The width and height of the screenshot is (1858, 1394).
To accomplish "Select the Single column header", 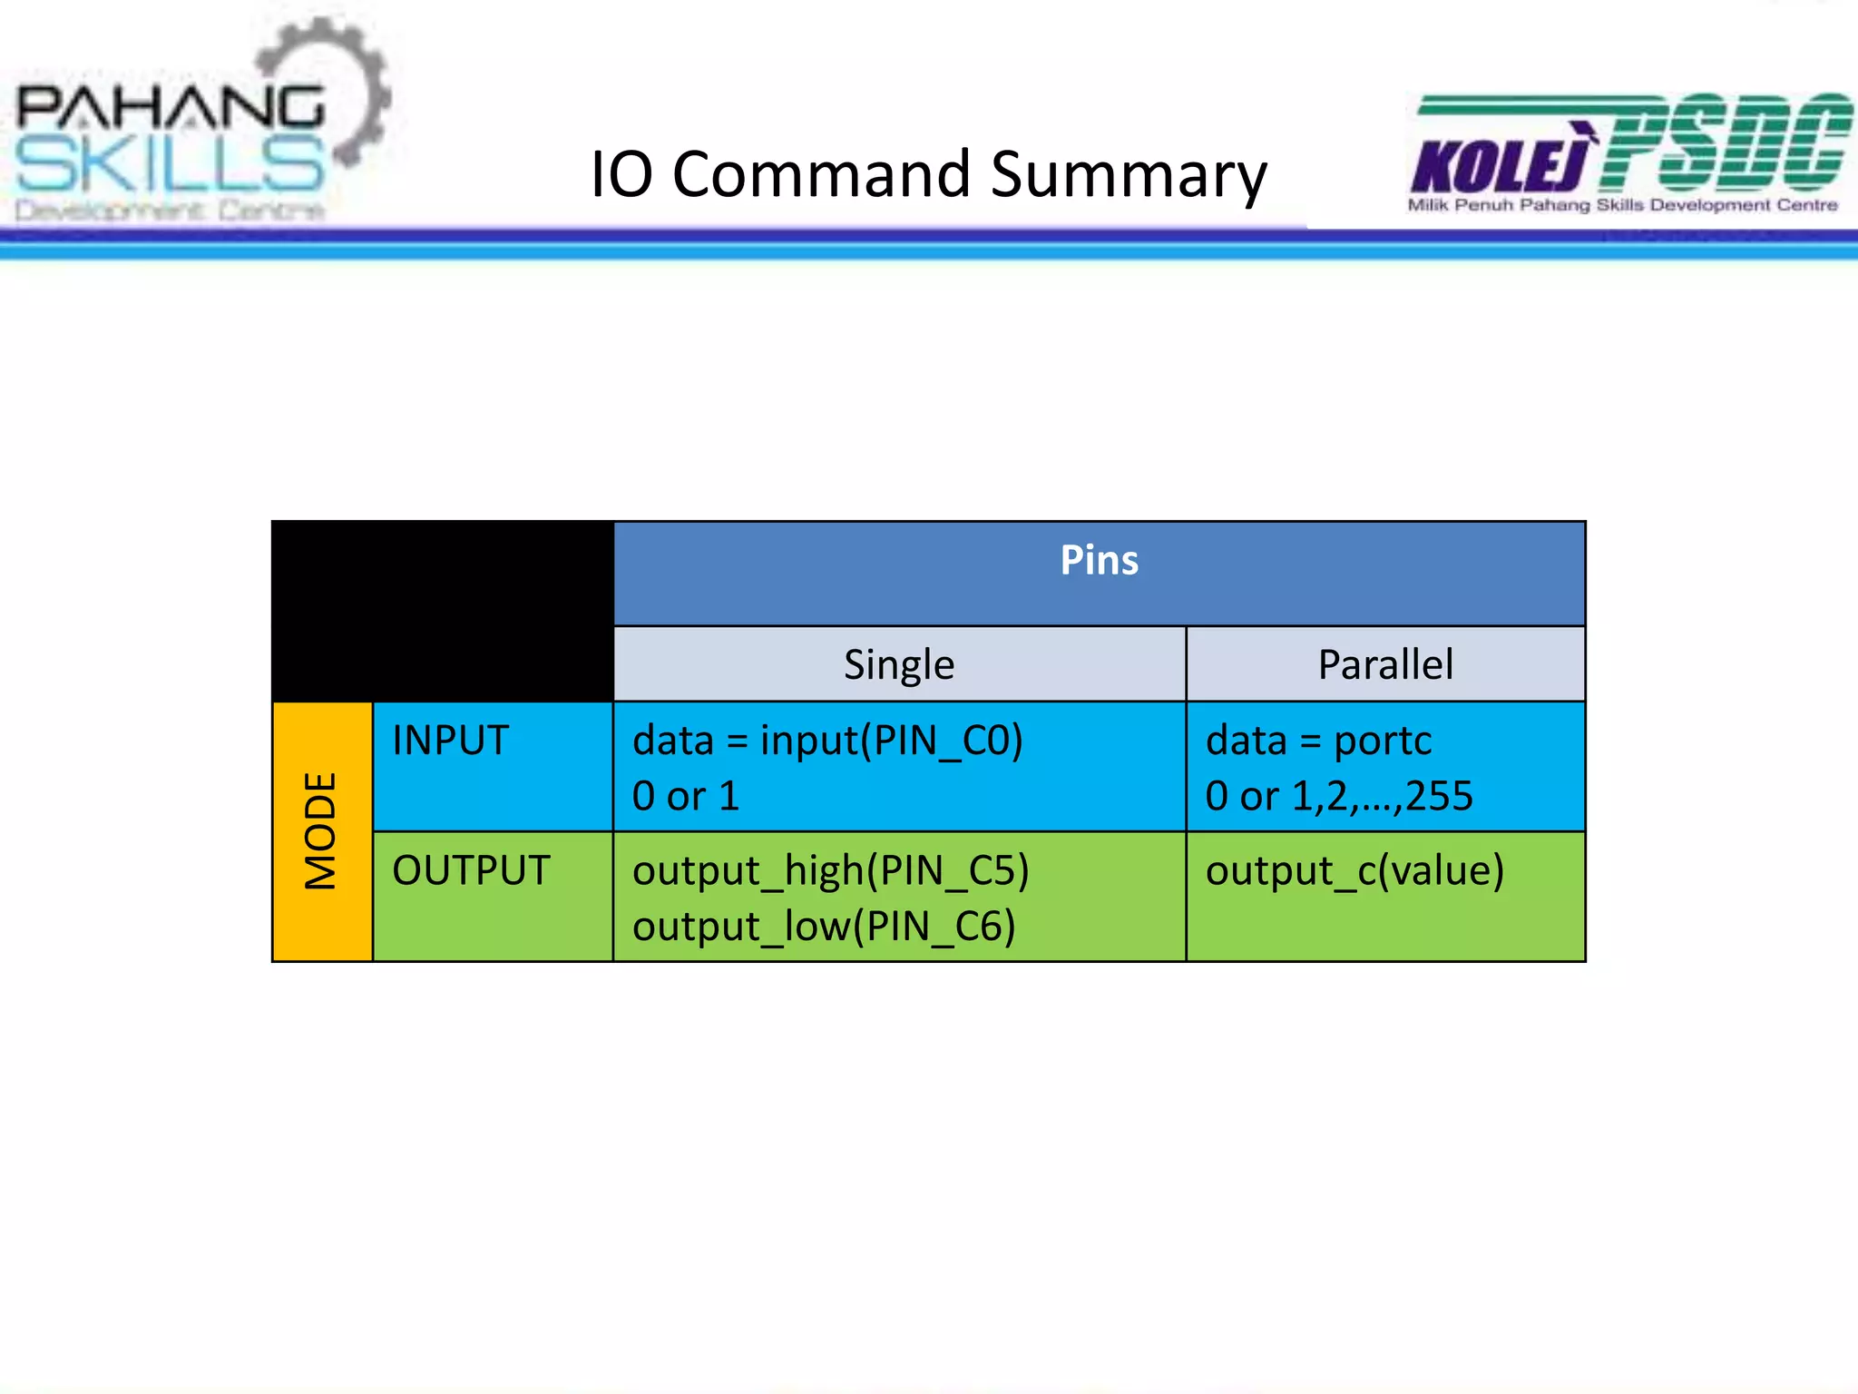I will coord(899,665).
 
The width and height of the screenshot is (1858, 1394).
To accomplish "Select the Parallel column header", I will coord(1384,665).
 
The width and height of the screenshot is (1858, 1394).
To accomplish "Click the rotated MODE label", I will coord(321,830).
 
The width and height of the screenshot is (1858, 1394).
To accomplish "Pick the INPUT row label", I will coord(451,741).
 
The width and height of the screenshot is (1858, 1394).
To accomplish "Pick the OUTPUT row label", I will coord(471,870).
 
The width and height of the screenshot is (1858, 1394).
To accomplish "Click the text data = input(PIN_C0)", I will coord(827,741).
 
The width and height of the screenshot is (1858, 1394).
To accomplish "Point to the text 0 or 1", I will coord(686,797).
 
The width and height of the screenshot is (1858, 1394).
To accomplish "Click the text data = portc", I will coord(1318,741).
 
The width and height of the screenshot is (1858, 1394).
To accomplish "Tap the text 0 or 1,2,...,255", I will coord(1339,797).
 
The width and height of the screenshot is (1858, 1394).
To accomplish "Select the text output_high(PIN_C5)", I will coord(830,871).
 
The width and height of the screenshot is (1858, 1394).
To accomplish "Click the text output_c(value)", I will coord(1354,871).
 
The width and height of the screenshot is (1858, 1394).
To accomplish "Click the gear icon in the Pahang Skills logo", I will coord(349,86).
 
